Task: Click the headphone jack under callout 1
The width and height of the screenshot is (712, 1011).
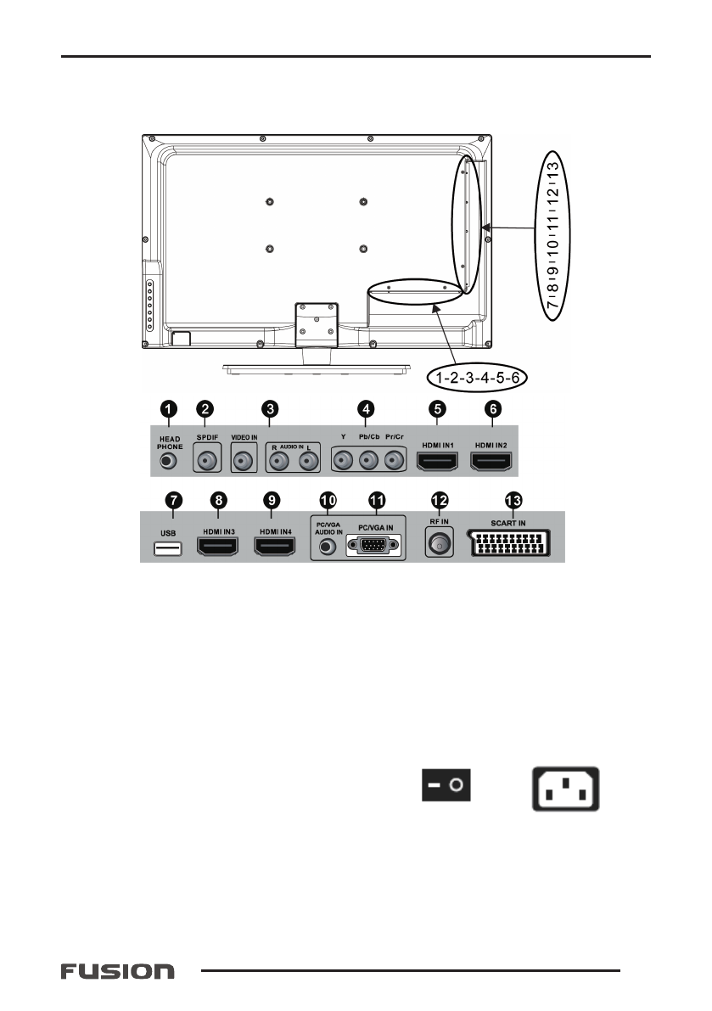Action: (169, 461)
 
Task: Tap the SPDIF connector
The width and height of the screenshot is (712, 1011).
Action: (206, 461)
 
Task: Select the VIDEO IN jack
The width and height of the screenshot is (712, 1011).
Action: (244, 461)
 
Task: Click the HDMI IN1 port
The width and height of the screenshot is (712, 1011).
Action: (437, 461)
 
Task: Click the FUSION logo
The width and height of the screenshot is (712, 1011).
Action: (117, 970)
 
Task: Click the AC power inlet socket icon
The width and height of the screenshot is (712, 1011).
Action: (565, 789)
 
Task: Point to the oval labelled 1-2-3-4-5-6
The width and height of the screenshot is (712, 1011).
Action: (476, 375)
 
